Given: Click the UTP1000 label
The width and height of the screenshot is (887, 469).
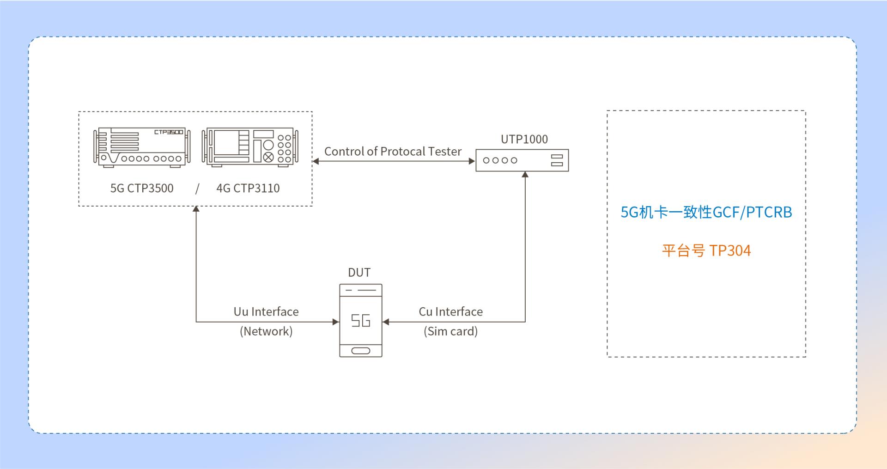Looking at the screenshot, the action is point(524,139).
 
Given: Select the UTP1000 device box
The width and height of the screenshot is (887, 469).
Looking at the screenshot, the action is point(522,160).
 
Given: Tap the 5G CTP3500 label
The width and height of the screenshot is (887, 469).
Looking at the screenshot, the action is point(142,188).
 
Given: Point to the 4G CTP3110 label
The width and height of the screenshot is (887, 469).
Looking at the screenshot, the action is point(248,188).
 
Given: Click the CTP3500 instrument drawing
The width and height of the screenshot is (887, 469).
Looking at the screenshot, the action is point(142,146).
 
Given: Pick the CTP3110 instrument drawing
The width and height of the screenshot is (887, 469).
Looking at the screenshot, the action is point(250,147).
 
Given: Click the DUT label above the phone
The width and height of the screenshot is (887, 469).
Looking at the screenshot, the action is point(359,273).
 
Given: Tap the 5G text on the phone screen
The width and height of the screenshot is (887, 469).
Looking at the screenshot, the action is point(361,320).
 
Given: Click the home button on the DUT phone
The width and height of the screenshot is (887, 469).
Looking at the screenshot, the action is point(361,350).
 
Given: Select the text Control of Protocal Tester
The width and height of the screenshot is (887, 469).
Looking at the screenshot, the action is point(393,151).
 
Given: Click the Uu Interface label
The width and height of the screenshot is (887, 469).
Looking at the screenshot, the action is point(266,311).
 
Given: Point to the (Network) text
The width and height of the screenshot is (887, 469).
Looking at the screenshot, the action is point(266,331).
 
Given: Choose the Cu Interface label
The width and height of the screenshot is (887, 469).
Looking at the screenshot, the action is point(451,311).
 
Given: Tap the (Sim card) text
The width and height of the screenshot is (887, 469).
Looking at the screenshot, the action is point(451,331).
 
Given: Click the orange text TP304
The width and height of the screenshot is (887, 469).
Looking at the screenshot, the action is point(730,250).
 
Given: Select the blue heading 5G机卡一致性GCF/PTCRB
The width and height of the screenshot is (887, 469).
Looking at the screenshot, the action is point(706,212).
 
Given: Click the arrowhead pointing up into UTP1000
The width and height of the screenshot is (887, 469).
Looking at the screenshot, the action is point(525,174).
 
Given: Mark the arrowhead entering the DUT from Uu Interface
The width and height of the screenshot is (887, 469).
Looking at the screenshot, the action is point(336,322).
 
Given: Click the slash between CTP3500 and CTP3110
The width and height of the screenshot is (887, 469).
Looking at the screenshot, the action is point(197,189).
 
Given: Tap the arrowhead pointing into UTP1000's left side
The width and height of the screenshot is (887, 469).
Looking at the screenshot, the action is point(472,161).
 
